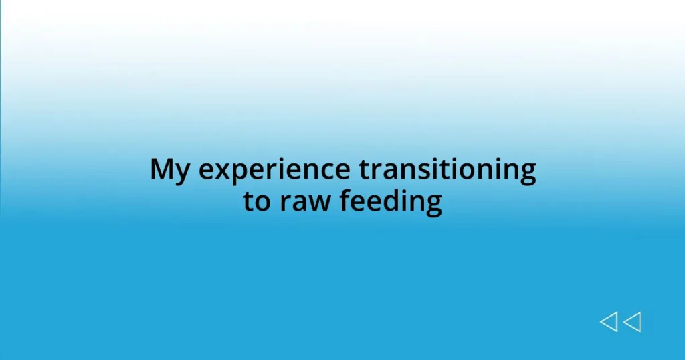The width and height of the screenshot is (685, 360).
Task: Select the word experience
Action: [274, 171]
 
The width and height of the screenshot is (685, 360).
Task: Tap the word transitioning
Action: [447, 171]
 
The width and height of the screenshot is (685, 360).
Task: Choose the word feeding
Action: [391, 202]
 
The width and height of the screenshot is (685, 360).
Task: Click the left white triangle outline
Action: [608, 322]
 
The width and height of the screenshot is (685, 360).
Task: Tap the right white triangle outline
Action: [632, 322]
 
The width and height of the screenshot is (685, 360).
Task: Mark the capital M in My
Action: [163, 169]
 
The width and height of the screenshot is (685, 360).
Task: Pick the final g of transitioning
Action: [526, 173]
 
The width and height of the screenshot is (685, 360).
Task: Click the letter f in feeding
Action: [346, 200]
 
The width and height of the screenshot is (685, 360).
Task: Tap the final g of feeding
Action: [433, 204]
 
